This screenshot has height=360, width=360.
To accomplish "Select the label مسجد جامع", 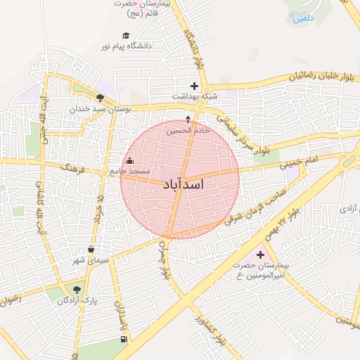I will click(127, 172).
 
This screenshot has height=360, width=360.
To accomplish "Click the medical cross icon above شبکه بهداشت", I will click(195, 86).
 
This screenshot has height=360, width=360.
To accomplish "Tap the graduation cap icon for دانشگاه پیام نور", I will click(126, 35).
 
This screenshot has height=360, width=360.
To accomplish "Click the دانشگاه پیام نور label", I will click(127, 46).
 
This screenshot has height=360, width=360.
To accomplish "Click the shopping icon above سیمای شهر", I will click(91, 250).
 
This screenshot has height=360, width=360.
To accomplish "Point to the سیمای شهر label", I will click(92, 261).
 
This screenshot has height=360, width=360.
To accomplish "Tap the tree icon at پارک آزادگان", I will click(77, 289).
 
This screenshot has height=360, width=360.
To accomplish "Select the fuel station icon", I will click(124, 340).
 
